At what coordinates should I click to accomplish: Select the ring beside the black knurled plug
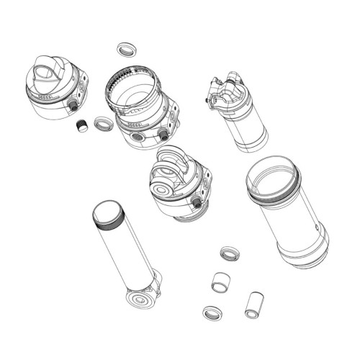[x=104, y=123]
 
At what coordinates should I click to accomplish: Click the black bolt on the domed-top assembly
[x=73, y=106]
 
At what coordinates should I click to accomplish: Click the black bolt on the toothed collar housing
[x=163, y=135]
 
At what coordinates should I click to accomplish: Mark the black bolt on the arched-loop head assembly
[x=196, y=204]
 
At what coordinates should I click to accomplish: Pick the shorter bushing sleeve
[x=220, y=282]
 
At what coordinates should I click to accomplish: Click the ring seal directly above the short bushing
[x=230, y=253]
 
